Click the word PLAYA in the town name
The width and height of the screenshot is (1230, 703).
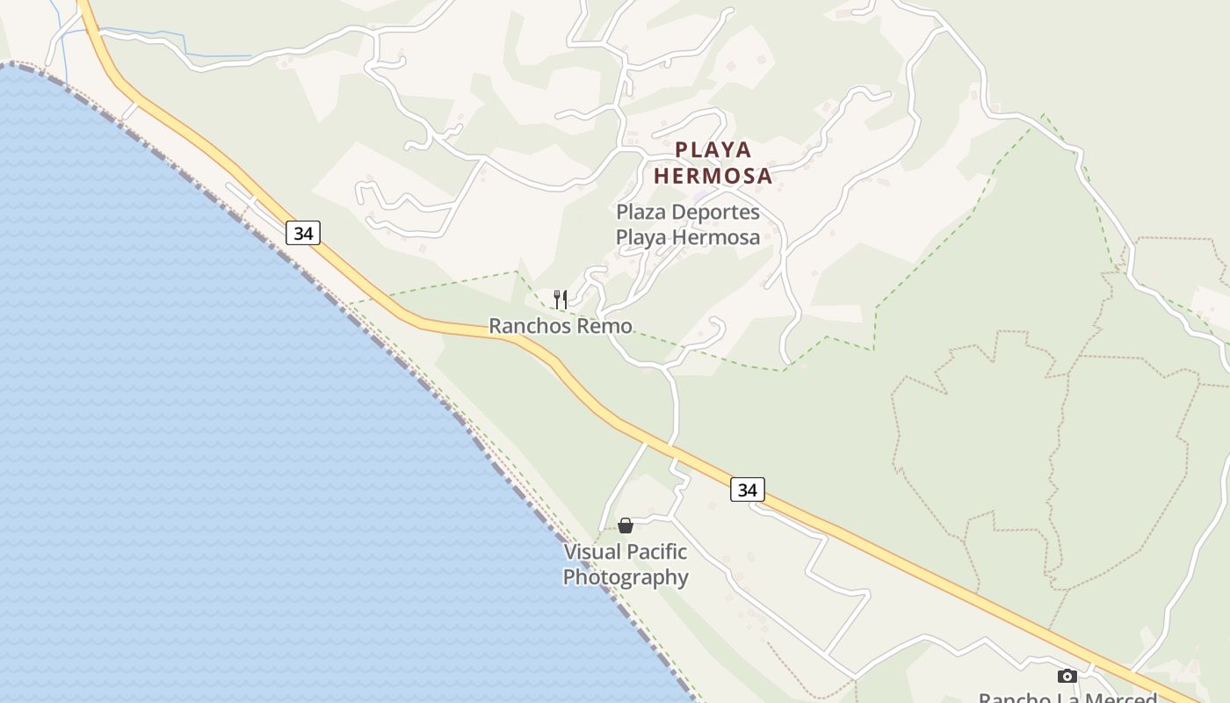coord(713,150)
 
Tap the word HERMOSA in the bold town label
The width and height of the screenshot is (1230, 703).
coord(713,176)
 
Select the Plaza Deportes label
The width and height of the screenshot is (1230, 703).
coord(688,213)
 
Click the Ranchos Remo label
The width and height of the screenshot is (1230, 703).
coord(561,326)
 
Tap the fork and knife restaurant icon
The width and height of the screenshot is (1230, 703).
coord(561,300)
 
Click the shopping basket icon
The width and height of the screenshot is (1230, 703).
coord(626,525)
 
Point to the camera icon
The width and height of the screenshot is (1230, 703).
coord(1067,676)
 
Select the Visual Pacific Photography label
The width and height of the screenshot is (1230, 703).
coord(626,564)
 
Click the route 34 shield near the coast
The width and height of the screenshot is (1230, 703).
coord(303,234)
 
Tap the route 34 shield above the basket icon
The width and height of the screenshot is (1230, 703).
coord(748,489)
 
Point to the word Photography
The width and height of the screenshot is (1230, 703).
coord(626,577)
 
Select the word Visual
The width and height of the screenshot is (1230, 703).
coord(590,552)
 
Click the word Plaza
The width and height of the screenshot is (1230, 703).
coord(640,213)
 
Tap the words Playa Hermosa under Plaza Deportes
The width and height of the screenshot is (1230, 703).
coord(688,237)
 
